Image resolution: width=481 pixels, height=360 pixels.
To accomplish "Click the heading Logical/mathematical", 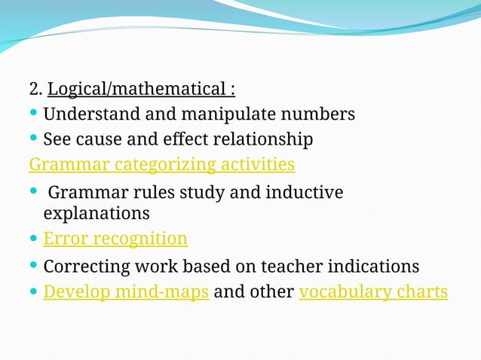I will (141, 90).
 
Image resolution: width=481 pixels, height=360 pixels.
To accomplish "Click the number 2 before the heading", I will (34, 90).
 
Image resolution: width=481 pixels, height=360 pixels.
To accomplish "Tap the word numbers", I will (317, 115).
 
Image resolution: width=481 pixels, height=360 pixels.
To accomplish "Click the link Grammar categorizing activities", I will (161, 164).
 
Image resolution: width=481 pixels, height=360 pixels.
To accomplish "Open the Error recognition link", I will (115, 239).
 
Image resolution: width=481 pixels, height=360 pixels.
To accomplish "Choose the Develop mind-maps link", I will (126, 291).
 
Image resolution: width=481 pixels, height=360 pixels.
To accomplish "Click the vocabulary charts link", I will (373, 291).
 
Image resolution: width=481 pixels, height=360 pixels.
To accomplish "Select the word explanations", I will (97, 213).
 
